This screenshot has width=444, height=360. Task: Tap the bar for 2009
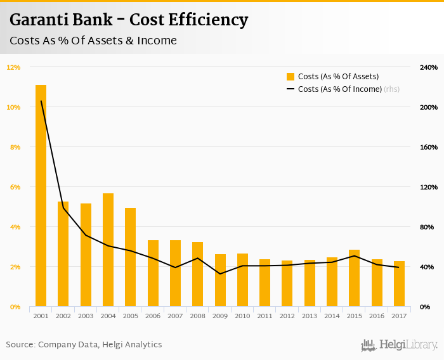coord(220,280)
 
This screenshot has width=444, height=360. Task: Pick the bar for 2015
coord(355,278)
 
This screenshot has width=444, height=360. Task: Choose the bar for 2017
coord(399,283)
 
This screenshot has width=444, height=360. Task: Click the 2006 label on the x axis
coord(153,316)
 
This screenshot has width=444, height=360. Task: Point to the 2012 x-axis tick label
coord(287,316)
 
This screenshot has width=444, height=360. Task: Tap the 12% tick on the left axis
coord(14,67)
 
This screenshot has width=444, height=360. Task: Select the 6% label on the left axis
coord(15,187)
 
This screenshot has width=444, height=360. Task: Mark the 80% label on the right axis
coord(428,227)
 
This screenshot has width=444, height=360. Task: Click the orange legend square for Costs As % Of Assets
coord(291,77)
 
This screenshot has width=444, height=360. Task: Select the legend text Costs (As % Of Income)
coord(340,89)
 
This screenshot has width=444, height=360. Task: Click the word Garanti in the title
coord(39,20)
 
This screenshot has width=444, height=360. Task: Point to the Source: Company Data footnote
coord(84,345)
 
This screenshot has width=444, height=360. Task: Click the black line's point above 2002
coord(63,208)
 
